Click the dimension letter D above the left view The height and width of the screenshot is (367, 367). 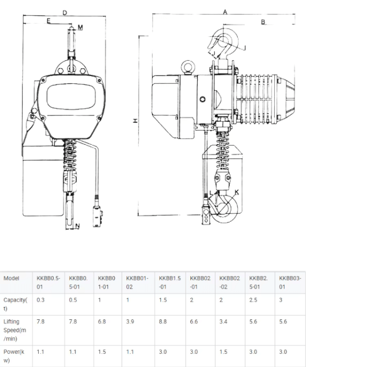(x=65, y=13)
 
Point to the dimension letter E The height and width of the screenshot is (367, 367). (x=48, y=21)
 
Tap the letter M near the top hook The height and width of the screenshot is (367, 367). (x=80, y=27)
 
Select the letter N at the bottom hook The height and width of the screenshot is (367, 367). (x=78, y=226)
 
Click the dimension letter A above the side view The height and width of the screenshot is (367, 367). (x=225, y=12)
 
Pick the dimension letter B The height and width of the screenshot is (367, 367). (x=263, y=22)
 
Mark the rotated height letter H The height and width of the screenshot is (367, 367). (x=135, y=121)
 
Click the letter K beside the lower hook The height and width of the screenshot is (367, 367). (x=236, y=192)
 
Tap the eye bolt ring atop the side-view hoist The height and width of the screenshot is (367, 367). (x=188, y=67)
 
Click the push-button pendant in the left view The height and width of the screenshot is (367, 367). (x=98, y=216)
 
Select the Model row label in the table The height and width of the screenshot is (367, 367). (x=11, y=278)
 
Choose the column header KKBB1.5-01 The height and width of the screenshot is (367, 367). (x=170, y=283)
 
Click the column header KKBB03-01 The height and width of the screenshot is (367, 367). (x=290, y=283)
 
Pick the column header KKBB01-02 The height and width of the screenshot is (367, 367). (x=137, y=283)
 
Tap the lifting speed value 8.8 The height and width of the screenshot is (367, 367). (x=163, y=321)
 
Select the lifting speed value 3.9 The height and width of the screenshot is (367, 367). (x=130, y=321)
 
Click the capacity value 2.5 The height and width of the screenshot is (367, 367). (x=253, y=300)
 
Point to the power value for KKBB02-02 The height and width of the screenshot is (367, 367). (x=223, y=352)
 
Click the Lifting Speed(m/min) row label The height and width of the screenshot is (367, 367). (x=15, y=330)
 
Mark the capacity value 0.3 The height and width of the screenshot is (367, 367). (x=40, y=300)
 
